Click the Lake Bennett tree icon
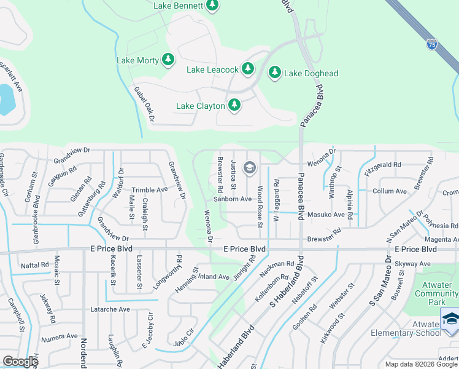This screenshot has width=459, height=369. [212, 6]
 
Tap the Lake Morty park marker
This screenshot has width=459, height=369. [168, 60]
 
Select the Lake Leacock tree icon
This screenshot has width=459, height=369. [247, 69]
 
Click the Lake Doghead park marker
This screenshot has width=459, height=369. [274, 73]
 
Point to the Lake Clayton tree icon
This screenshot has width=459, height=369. [234, 106]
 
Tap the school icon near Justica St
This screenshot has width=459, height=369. [250, 167]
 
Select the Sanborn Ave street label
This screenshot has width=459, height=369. [233, 199]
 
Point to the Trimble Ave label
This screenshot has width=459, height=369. [150, 190]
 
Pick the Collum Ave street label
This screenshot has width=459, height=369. [390, 191]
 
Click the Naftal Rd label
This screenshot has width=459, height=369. [34, 264]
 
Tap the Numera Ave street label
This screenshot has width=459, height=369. [60, 337]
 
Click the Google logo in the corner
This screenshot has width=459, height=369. [20, 362]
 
